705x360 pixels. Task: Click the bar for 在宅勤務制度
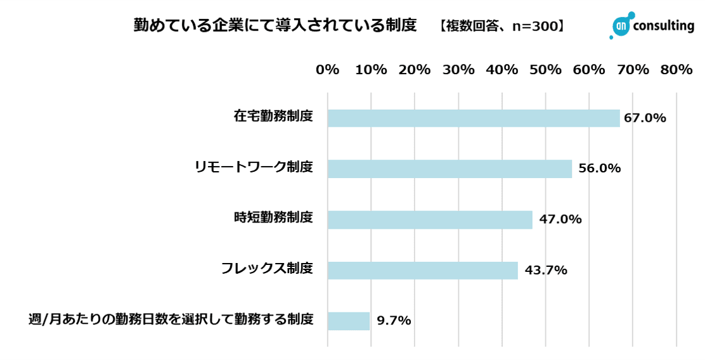[x=473, y=119]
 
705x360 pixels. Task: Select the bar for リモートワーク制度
[x=450, y=169]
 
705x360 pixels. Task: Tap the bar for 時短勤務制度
[x=430, y=220]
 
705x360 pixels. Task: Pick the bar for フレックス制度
[x=422, y=271]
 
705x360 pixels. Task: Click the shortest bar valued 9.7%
[x=349, y=321]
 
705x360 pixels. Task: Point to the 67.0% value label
[x=645, y=118]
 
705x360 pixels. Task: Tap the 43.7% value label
[x=545, y=270]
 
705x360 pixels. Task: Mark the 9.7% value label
[x=394, y=321]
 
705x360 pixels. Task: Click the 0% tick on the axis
[x=327, y=70]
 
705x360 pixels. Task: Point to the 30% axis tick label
[x=458, y=70]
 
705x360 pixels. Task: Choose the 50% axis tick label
[x=546, y=70]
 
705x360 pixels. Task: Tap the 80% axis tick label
[x=676, y=70]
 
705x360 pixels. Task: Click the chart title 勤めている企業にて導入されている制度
[x=275, y=25]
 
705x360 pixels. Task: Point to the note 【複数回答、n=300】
[x=501, y=26]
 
